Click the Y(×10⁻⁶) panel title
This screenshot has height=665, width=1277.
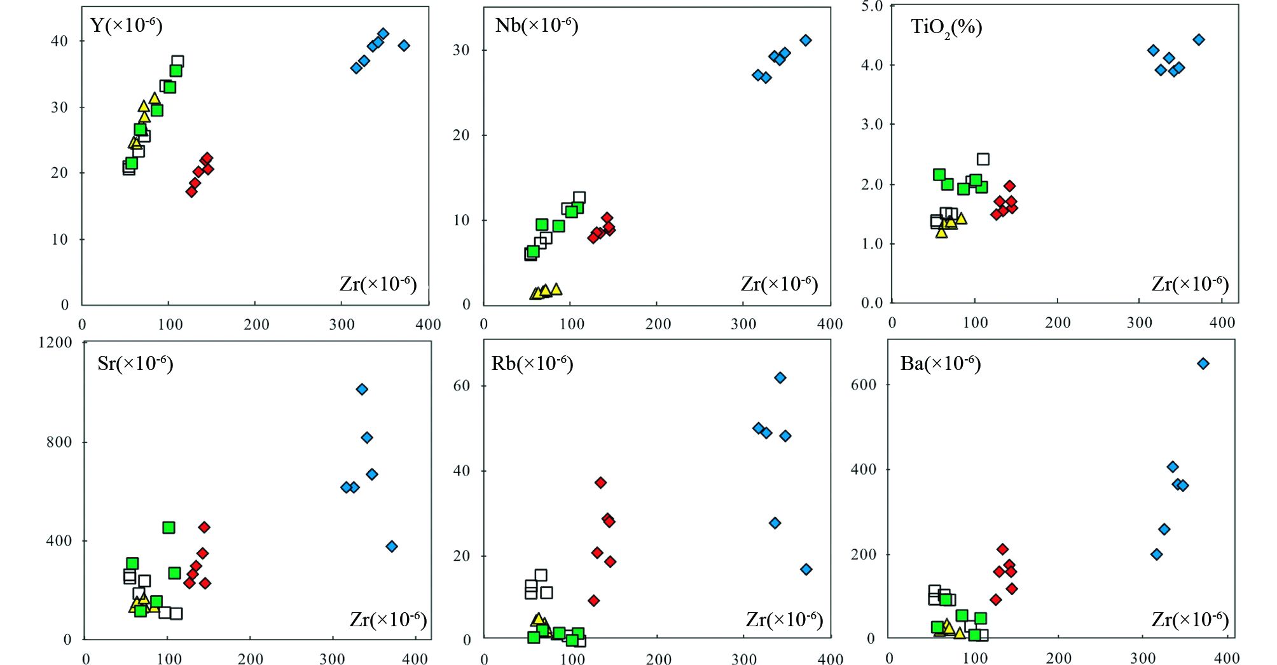127,25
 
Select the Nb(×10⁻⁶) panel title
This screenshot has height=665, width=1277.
536,25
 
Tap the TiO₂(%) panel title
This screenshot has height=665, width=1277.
946,27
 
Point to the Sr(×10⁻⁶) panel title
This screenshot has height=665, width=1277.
135,364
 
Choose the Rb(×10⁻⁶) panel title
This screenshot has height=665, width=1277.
532,364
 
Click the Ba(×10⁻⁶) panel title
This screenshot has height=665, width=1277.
941,364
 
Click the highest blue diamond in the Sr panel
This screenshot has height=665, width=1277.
362,389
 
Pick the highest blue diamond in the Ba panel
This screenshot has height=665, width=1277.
1203,364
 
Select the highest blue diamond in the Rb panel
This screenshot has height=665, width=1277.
780,378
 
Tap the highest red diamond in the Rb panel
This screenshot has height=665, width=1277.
600,483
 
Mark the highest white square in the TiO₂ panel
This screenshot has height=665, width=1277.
983,159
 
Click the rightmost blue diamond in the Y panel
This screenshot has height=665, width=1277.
404,45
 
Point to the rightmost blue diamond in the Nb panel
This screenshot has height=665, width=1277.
806,40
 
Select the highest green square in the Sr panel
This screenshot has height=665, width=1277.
169,528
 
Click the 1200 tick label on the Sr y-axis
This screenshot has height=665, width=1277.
55,342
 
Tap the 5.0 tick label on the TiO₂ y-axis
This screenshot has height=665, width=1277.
872,6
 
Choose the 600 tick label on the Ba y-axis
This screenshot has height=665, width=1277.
864,384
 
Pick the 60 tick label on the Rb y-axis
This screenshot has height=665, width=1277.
462,385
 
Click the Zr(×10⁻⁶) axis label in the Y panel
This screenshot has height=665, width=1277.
378,284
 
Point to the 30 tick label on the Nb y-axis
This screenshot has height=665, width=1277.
462,50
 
